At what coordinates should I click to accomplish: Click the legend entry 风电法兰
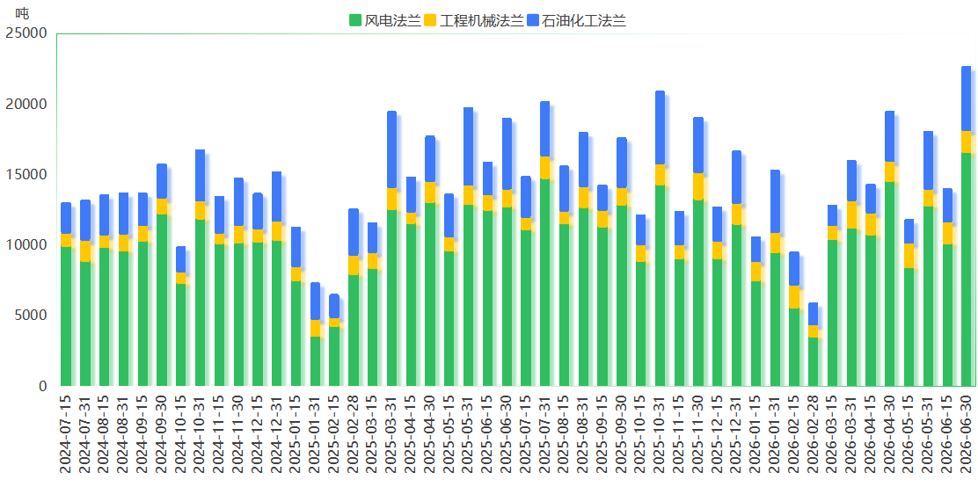coord(385,20)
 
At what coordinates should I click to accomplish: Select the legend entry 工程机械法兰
coord(473,20)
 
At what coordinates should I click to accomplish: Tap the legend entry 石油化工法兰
coord(576,20)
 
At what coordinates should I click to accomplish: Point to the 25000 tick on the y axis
coord(26,33)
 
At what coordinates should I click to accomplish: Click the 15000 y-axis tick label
coord(26,175)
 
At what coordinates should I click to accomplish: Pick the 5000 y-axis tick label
coord(30,316)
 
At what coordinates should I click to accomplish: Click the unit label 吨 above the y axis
coord(22,12)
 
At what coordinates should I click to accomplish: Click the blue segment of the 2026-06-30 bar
coord(967,98)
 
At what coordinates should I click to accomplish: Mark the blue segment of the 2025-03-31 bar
coord(391,149)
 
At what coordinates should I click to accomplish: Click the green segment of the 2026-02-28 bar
coord(813,361)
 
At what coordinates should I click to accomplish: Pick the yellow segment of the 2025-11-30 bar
coord(698,186)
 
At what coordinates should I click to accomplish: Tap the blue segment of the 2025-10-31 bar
coord(660,127)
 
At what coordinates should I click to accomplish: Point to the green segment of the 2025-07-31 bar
coord(545,282)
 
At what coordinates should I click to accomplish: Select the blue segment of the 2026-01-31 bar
coord(775,201)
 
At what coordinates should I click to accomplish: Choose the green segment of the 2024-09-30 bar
coord(162,300)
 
